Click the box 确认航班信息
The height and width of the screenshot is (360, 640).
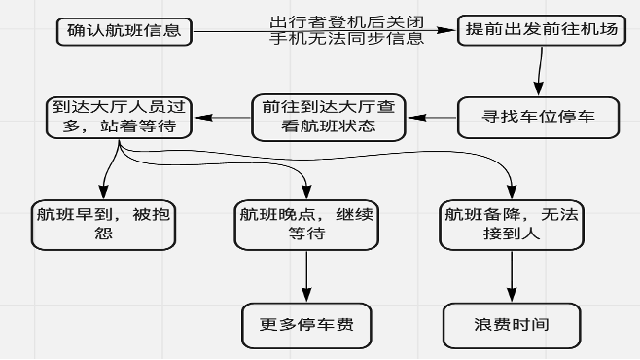pyautogui.click(x=124, y=30)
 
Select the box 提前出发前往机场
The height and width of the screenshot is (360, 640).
pyautogui.click(x=541, y=30)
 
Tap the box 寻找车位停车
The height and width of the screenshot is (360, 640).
pyautogui.click(x=539, y=118)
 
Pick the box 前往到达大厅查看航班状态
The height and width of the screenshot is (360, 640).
pyautogui.click(x=326, y=118)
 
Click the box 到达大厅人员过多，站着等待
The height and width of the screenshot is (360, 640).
pyautogui.click(x=119, y=118)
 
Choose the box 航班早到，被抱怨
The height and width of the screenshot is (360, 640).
pyautogui.click(x=102, y=224)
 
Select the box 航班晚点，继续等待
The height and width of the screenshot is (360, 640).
pyautogui.click(x=306, y=224)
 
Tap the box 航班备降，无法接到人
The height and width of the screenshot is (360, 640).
pyautogui.click(x=511, y=224)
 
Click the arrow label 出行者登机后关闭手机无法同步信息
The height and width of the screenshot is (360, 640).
pyautogui.click(x=346, y=30)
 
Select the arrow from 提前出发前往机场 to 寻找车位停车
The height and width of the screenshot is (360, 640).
pyautogui.click(x=539, y=73)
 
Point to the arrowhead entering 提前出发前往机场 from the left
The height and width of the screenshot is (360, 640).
pyautogui.click(x=449, y=30)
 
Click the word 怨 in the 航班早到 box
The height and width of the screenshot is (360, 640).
pyautogui.click(x=102, y=234)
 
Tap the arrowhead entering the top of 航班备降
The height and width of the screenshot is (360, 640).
pyautogui.click(x=511, y=193)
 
